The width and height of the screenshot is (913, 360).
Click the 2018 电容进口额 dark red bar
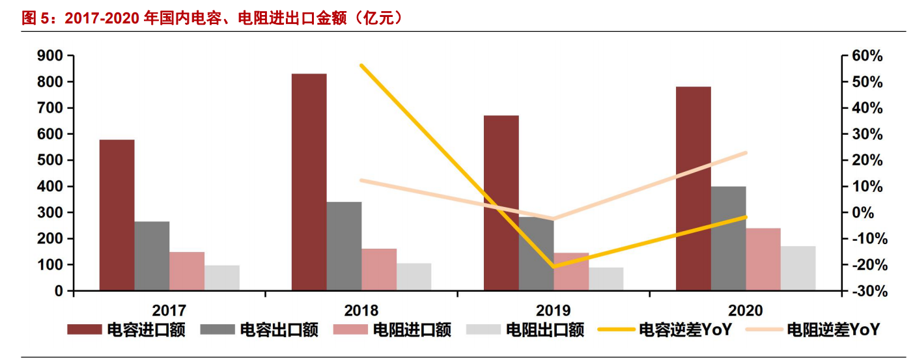309,182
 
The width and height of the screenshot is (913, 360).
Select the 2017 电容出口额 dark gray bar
152,256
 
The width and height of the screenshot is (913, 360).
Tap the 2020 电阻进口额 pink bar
763,259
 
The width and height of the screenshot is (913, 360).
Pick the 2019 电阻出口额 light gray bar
606,279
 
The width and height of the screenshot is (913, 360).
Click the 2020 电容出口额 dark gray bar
728,238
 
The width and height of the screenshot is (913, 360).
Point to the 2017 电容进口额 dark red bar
117,215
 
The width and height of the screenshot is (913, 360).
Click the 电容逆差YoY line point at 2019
554,266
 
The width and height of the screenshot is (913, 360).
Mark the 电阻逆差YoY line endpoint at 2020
746,153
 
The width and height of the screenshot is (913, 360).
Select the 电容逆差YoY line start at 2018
361,65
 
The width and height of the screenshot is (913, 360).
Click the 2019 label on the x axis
554,310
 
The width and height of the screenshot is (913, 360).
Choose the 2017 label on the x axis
169,310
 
